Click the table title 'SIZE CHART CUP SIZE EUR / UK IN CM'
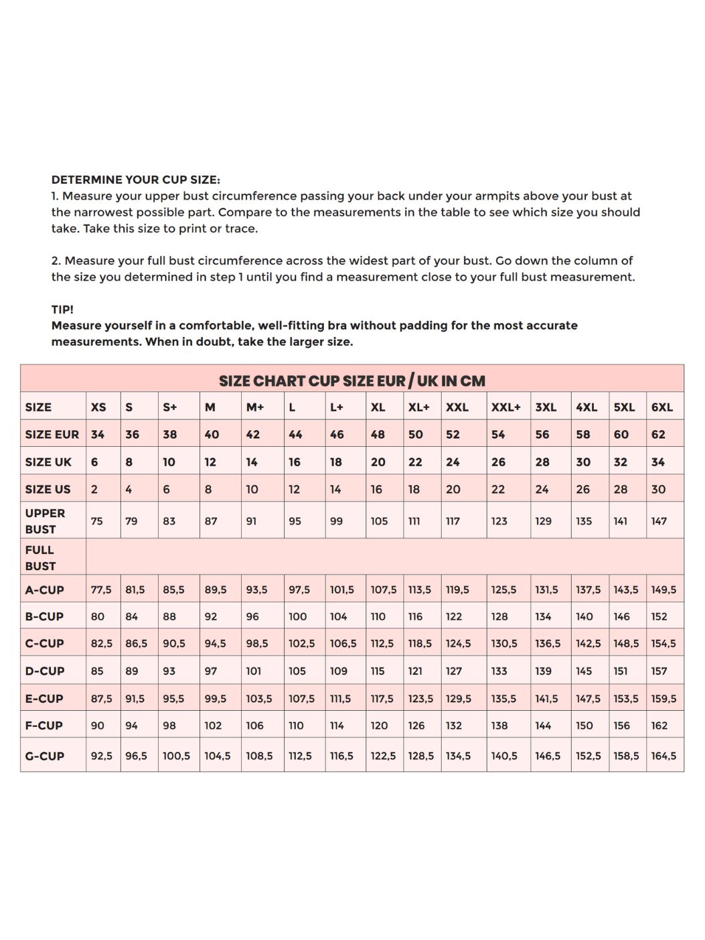pyautogui.click(x=351, y=381)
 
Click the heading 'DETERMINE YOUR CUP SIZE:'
pyautogui.click(x=135, y=180)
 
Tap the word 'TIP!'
pyautogui.click(x=62, y=310)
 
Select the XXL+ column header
pyautogui.click(x=505, y=407)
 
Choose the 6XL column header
pyautogui.click(x=661, y=407)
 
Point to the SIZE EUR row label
pyautogui.click(x=52, y=434)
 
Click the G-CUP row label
pyautogui.click(x=44, y=756)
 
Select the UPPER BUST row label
pyautogui.click(x=45, y=521)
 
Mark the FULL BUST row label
pyautogui.click(x=40, y=557)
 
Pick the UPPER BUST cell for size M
pyautogui.click(x=211, y=521)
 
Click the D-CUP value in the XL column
pyautogui.click(x=378, y=671)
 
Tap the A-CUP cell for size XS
pyautogui.click(x=101, y=590)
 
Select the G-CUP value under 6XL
pyautogui.click(x=663, y=756)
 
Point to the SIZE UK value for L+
pyautogui.click(x=336, y=462)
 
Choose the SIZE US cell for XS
pyautogui.click(x=94, y=489)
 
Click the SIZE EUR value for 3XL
pyautogui.click(x=542, y=434)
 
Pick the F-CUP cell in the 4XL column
pyautogui.click(x=584, y=725)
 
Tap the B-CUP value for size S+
pyautogui.click(x=169, y=616)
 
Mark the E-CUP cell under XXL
pyautogui.click(x=458, y=698)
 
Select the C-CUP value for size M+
pyautogui.click(x=256, y=643)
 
